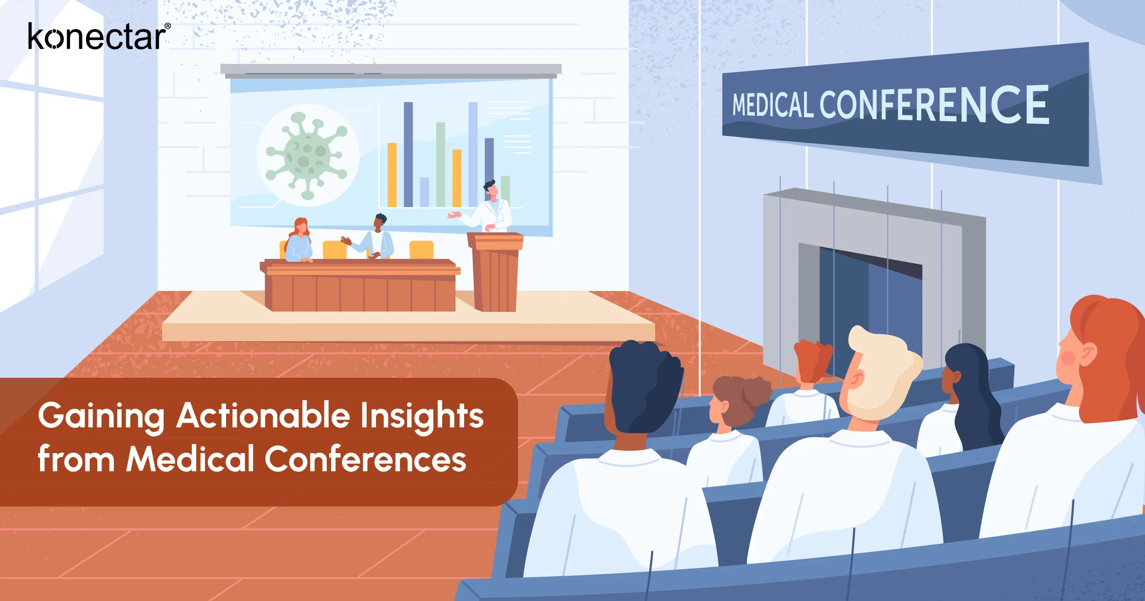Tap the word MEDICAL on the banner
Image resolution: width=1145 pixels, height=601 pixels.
[772, 105]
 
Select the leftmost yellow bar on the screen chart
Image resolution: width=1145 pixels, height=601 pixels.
[392, 175]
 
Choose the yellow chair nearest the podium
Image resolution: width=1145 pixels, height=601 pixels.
[421, 249]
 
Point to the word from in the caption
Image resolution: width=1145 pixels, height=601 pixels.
[76, 459]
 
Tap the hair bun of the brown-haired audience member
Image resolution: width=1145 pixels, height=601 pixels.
[756, 391]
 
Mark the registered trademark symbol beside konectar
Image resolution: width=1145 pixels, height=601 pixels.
[167, 26]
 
